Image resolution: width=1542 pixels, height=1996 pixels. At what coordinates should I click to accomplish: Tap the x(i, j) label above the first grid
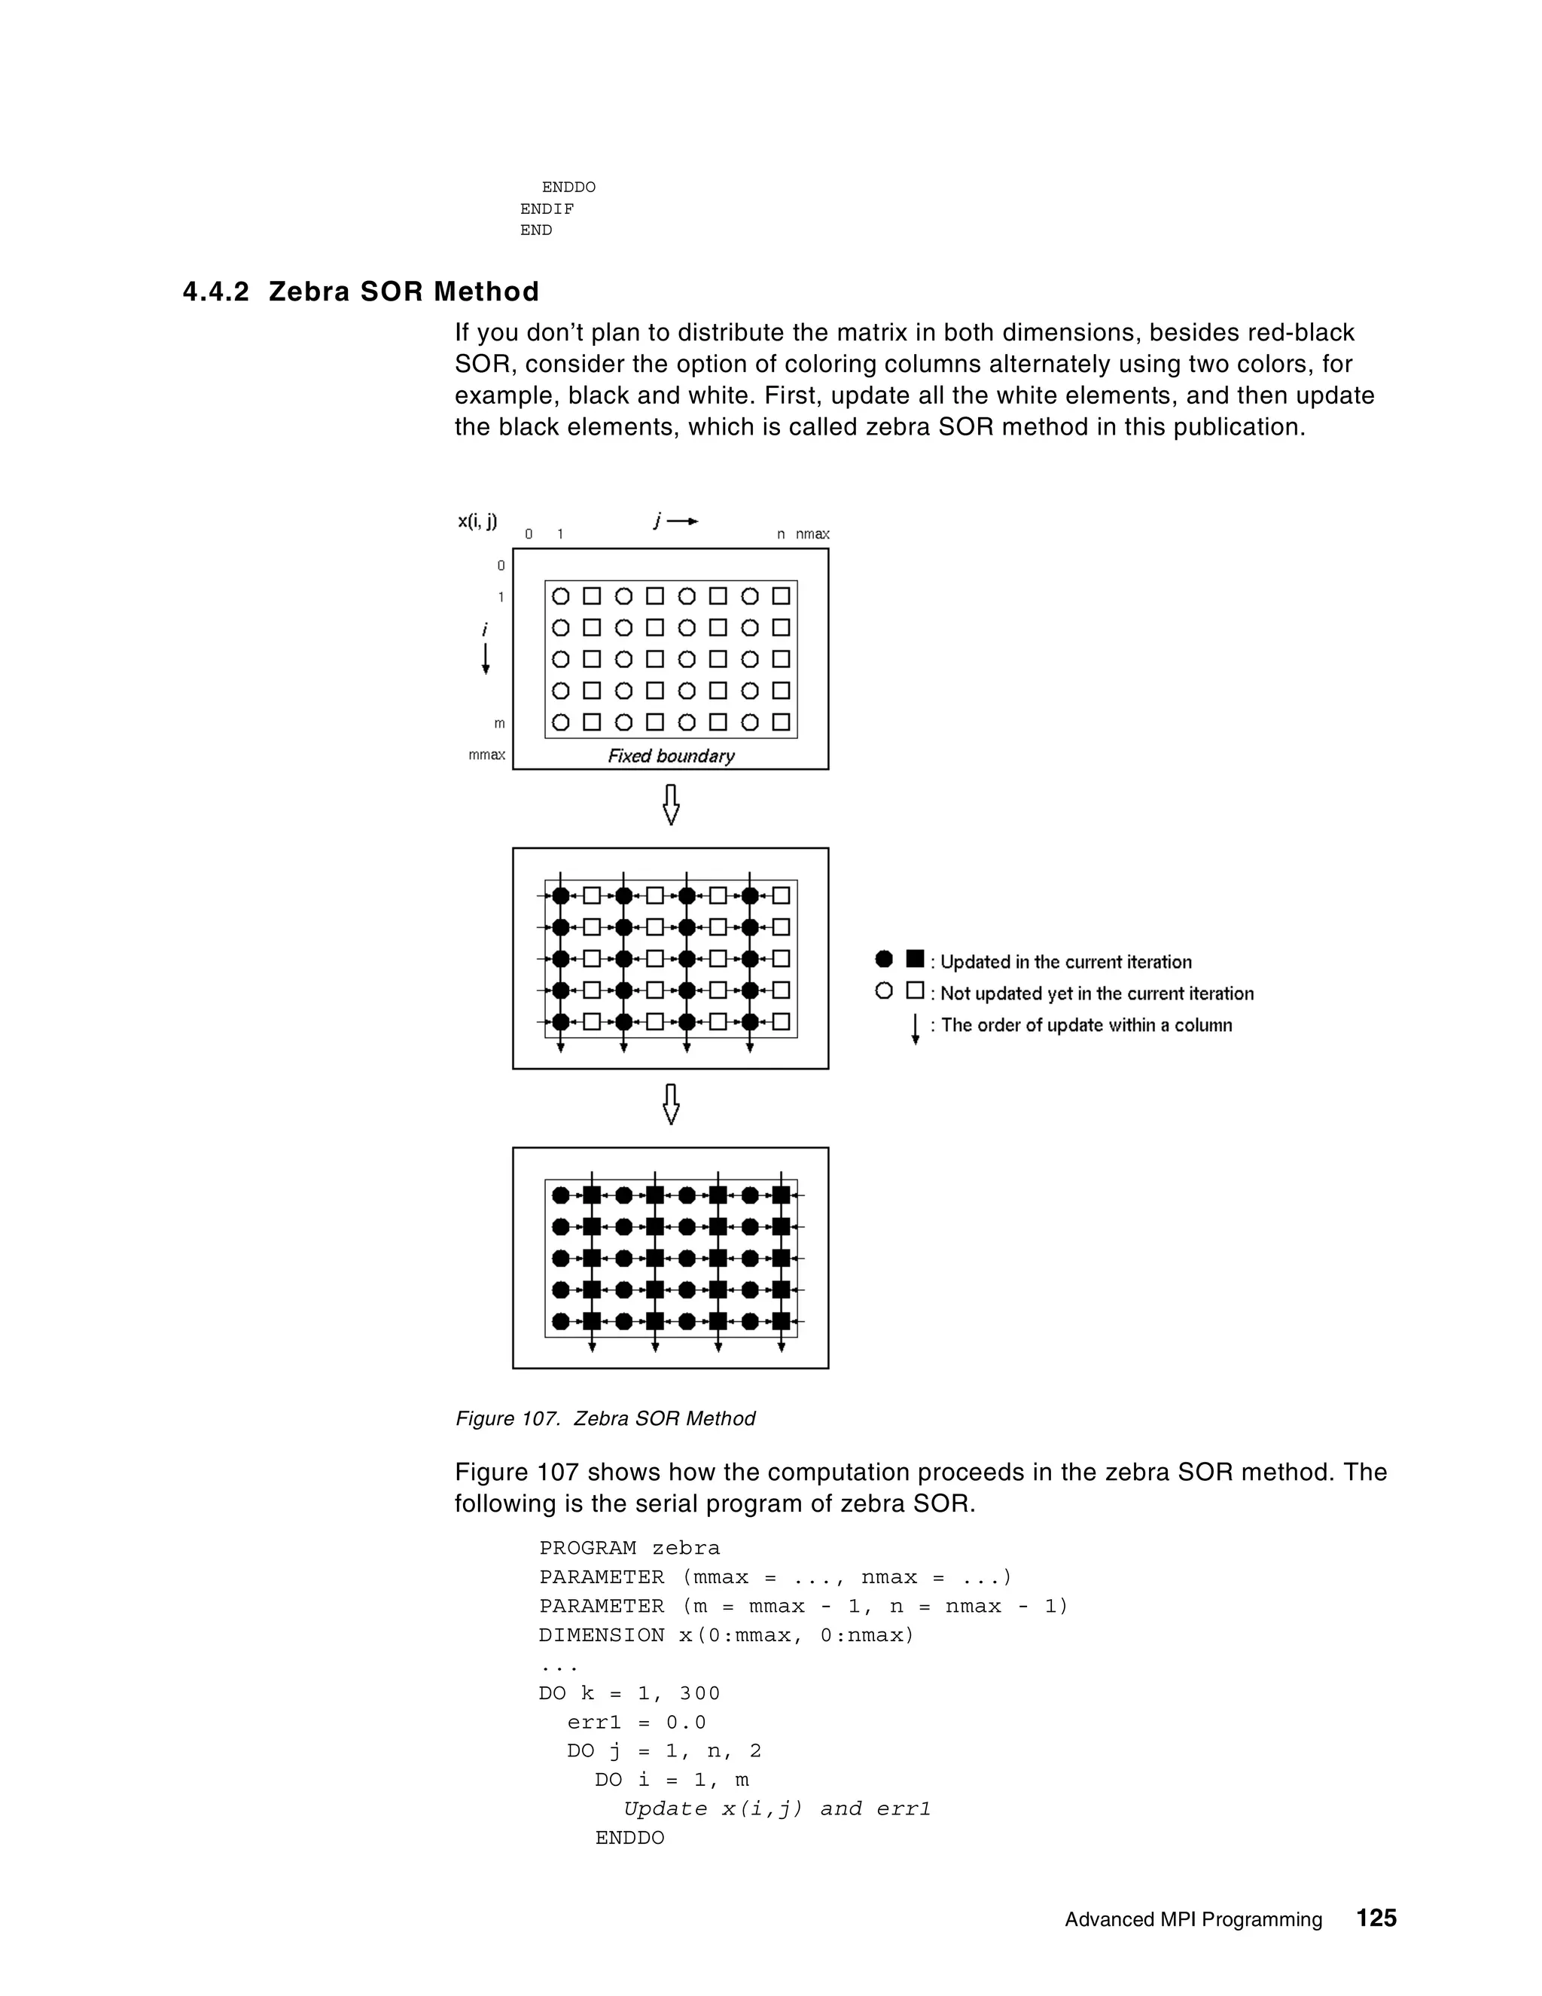click(x=477, y=522)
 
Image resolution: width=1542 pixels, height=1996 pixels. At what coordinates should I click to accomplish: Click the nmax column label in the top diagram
click(x=812, y=535)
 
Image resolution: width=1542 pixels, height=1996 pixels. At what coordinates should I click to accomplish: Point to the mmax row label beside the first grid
click(x=487, y=755)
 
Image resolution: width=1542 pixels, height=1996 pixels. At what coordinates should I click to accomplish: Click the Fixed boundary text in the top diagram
click(x=672, y=757)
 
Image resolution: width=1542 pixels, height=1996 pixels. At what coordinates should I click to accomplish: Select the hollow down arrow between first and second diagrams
click(x=671, y=806)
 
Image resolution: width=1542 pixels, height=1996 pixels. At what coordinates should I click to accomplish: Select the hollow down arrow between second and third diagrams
click(x=671, y=1105)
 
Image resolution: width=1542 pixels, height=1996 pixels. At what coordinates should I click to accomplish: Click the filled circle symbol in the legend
click(x=883, y=960)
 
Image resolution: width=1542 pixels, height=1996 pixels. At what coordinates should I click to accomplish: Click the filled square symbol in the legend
click(x=914, y=959)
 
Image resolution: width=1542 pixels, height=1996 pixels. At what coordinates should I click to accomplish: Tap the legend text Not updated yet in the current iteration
click(x=1096, y=993)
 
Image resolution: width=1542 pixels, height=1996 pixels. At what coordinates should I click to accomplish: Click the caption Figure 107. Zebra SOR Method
click(x=605, y=1418)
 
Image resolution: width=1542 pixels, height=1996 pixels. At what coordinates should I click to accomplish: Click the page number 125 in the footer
click(x=1376, y=1918)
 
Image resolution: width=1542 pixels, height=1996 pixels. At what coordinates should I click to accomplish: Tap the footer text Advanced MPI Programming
click(x=1193, y=1919)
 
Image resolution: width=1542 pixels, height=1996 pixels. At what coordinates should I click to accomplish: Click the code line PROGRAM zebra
click(x=629, y=1548)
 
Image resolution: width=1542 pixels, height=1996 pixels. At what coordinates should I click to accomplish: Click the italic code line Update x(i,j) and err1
click(x=776, y=1808)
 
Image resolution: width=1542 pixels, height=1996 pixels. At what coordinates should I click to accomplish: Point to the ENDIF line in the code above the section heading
click(x=547, y=209)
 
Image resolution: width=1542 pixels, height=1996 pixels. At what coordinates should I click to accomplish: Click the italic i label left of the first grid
click(x=485, y=630)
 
